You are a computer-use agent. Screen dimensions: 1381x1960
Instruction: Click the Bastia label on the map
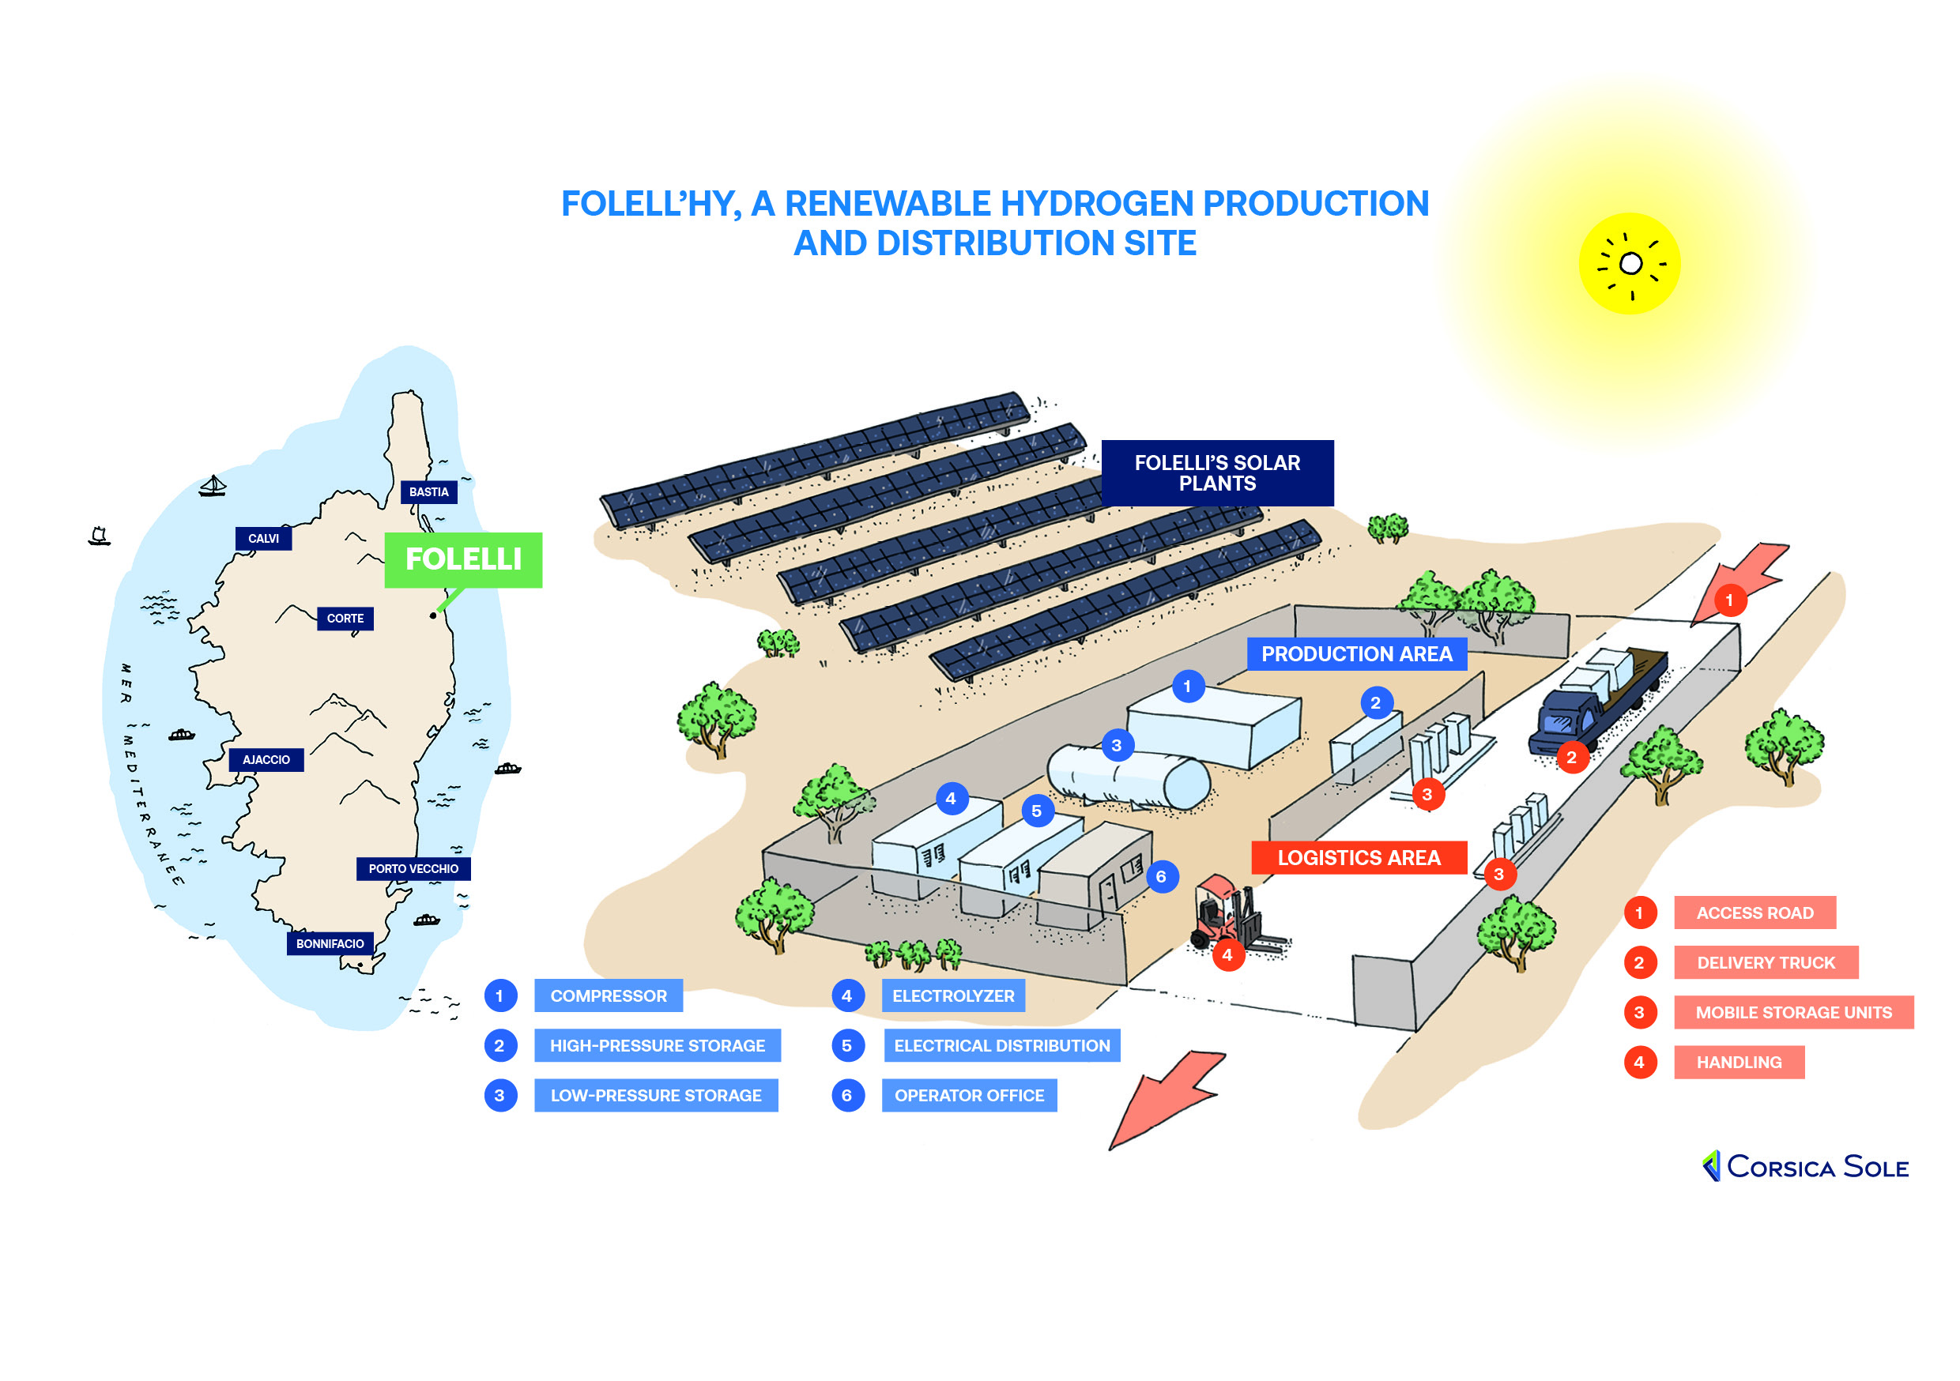coord(428,492)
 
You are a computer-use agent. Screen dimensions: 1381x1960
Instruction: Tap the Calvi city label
coord(263,539)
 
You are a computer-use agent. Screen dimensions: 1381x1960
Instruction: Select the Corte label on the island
coord(345,619)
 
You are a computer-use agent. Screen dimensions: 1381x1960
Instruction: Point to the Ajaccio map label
coord(266,760)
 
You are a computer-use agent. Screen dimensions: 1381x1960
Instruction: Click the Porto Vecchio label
coord(413,869)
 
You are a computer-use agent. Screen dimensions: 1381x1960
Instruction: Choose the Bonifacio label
coord(330,944)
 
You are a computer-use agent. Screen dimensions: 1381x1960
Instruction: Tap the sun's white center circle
coord(1630,264)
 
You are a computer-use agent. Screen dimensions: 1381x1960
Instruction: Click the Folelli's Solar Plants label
coord(1216,473)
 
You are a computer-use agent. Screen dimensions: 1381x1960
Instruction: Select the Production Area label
coord(1356,655)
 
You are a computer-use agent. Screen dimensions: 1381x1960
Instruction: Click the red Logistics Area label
coord(1359,858)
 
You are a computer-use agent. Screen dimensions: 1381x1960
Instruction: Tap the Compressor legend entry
coord(608,996)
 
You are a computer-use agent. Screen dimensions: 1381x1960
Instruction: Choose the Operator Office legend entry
coord(969,1096)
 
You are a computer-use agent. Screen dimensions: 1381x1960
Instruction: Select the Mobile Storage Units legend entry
coord(1792,1013)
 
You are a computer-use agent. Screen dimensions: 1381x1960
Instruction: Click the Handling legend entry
coord(1738,1063)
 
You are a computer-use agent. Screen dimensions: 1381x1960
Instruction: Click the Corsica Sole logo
coord(1804,1167)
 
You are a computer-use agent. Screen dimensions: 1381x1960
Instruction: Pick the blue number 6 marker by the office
coord(1161,877)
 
